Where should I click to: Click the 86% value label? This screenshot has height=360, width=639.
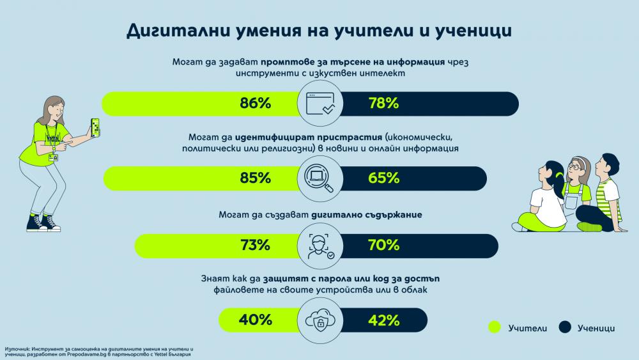point(255,103)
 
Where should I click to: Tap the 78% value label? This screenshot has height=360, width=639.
point(383,103)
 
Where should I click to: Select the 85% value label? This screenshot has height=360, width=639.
point(255,178)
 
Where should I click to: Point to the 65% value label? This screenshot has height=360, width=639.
point(383,178)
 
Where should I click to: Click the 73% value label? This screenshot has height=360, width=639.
point(255,245)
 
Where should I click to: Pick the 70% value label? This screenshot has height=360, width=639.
point(383,245)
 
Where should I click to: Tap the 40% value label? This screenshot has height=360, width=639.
point(255,320)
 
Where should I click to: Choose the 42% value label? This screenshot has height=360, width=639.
point(383,320)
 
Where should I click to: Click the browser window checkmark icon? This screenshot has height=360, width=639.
point(320,104)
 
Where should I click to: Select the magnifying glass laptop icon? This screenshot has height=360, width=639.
point(319,178)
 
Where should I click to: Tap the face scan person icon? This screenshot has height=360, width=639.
point(320,246)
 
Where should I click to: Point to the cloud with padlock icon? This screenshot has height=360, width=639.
point(320,320)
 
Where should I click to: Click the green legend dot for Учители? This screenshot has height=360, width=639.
point(495,327)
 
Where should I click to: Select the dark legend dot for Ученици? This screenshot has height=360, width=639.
point(564,327)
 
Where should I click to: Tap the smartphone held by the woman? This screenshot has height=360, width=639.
point(95,127)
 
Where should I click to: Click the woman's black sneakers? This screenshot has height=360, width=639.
point(43,223)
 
